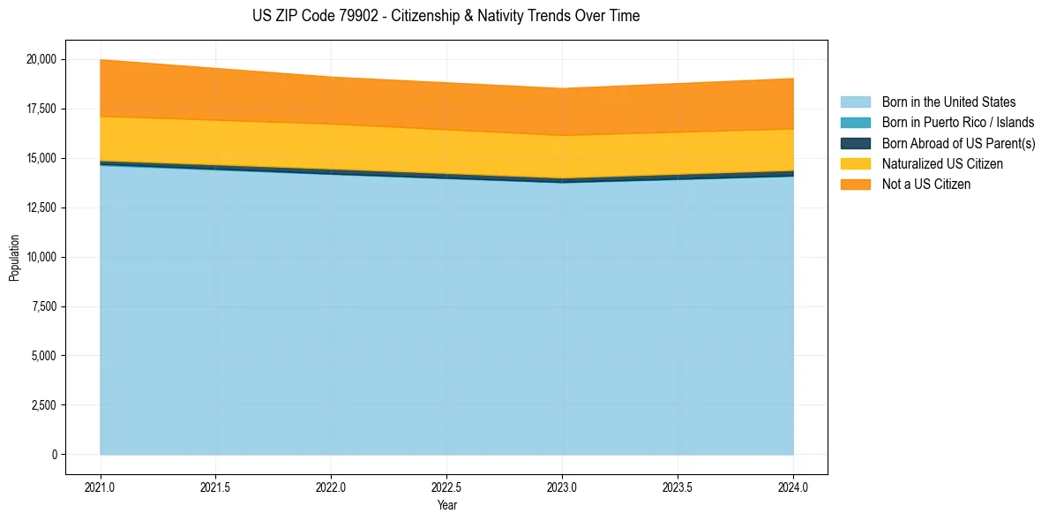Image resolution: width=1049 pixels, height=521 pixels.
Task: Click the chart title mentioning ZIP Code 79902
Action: point(446,16)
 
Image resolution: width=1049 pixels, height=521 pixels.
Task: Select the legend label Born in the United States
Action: point(948,102)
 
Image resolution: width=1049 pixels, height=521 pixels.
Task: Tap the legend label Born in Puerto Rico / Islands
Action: point(958,123)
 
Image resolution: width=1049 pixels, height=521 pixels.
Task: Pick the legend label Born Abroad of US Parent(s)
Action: point(958,143)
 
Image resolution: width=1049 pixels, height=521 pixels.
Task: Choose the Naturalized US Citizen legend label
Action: point(942,164)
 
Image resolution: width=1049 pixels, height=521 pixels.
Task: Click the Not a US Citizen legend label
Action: point(925,185)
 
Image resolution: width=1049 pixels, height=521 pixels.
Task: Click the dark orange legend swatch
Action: point(855,185)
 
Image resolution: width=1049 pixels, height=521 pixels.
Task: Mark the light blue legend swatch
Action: point(855,102)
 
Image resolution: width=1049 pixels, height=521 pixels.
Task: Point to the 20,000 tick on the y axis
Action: point(41,60)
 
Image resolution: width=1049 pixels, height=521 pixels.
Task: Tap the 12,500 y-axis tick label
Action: point(41,208)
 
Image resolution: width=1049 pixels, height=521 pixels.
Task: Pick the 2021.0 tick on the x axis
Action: point(101,487)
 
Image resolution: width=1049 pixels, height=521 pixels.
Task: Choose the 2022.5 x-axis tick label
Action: point(446,487)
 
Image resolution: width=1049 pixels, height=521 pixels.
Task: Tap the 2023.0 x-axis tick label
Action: point(562,487)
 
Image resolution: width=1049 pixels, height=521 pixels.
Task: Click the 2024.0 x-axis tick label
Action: point(793,487)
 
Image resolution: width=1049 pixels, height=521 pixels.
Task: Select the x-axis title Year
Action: point(446,505)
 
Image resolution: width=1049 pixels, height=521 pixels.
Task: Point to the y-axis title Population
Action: point(14,258)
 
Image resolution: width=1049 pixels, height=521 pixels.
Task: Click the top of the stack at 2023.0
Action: point(562,88)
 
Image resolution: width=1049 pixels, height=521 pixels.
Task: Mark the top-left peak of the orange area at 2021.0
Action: point(101,60)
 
